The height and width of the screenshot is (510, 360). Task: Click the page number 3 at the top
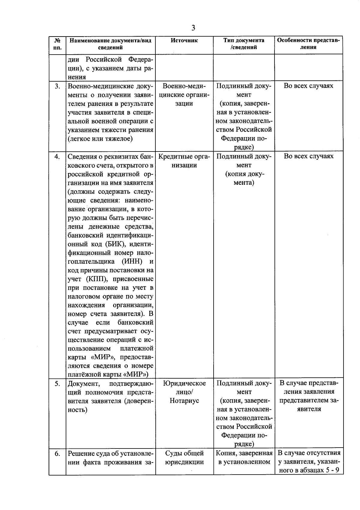(x=193, y=28)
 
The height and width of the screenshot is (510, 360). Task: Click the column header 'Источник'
(x=184, y=40)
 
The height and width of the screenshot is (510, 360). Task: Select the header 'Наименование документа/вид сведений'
(x=110, y=44)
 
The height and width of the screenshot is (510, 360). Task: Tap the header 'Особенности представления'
(x=308, y=44)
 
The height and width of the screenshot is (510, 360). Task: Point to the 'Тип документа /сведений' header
(x=244, y=44)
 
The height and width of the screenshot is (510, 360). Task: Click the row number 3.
(x=57, y=86)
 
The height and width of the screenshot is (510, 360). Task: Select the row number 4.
(x=57, y=157)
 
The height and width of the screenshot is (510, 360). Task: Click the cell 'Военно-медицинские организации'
(x=184, y=95)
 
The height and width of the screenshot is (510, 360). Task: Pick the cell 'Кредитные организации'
(x=184, y=161)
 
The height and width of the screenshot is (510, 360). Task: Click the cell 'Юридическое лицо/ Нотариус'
(x=184, y=392)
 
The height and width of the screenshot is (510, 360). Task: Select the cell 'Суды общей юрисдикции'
(x=184, y=457)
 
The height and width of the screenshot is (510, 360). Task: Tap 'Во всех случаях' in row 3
(x=308, y=86)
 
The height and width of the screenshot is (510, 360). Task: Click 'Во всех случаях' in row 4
(x=308, y=156)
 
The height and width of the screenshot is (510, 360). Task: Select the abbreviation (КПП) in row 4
(x=96, y=279)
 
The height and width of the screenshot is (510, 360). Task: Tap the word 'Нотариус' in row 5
(x=184, y=401)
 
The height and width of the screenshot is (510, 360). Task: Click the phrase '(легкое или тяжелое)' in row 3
(x=100, y=139)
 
